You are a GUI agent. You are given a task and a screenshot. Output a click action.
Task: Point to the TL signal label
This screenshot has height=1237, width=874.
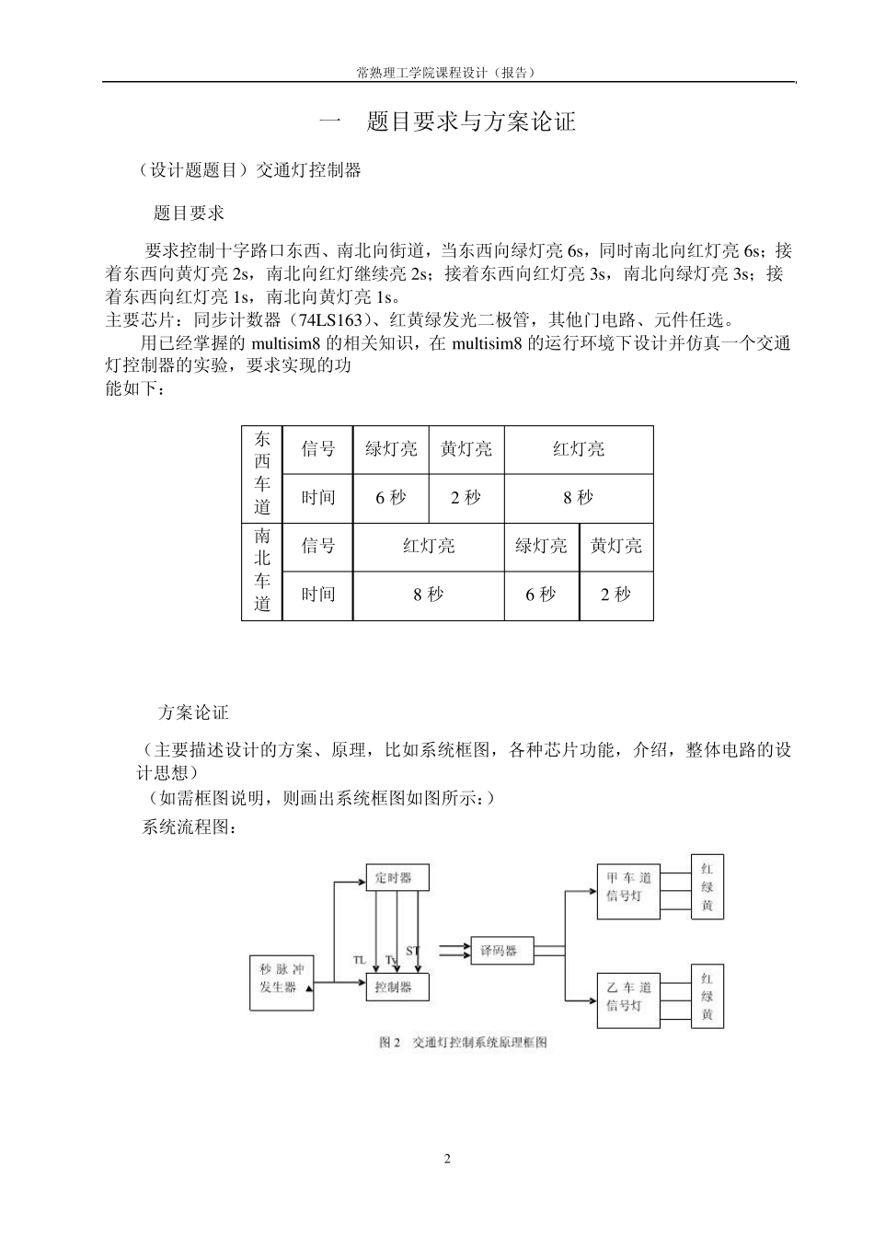click(360, 959)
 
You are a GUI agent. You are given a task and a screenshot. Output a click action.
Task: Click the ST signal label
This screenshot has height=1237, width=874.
click(412, 950)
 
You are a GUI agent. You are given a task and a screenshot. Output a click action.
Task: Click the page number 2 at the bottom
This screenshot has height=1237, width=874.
click(447, 1159)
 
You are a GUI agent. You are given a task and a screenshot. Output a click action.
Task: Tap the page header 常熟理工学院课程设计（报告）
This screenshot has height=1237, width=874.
click(447, 72)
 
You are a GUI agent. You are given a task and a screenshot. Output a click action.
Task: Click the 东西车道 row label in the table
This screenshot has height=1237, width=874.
click(262, 473)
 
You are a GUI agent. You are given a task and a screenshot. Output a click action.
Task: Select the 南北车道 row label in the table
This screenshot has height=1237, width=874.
click(262, 571)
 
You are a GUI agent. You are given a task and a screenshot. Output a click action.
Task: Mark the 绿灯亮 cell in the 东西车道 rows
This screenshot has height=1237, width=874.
click(391, 449)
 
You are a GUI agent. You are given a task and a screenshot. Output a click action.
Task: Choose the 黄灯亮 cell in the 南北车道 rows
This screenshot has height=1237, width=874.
click(615, 547)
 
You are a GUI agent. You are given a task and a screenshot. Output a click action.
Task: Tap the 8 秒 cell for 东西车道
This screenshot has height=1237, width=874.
click(578, 498)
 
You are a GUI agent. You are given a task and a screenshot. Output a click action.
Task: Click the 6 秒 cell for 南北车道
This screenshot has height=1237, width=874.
click(541, 595)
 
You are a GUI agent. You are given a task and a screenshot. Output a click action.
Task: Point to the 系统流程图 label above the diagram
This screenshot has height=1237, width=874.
click(190, 827)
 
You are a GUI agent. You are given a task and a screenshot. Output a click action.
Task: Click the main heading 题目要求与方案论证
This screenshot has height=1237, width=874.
click(471, 122)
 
